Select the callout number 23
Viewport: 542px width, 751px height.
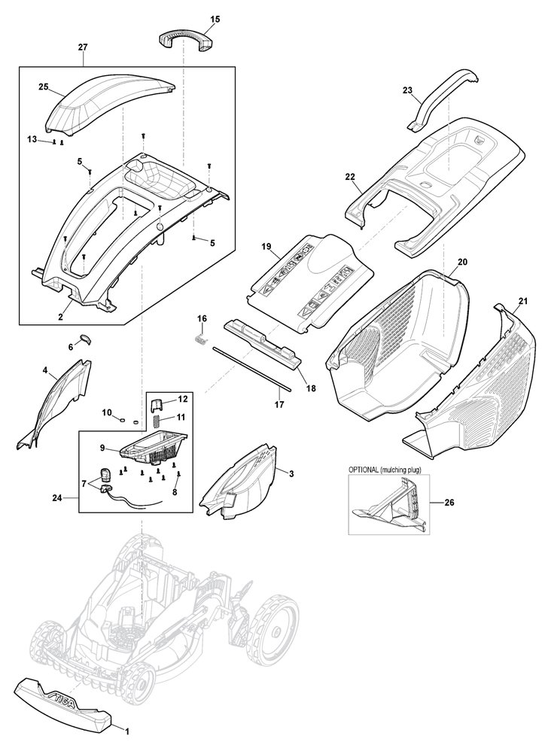(407, 90)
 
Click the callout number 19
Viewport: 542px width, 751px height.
(266, 247)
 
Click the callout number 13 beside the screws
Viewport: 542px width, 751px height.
(32, 138)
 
